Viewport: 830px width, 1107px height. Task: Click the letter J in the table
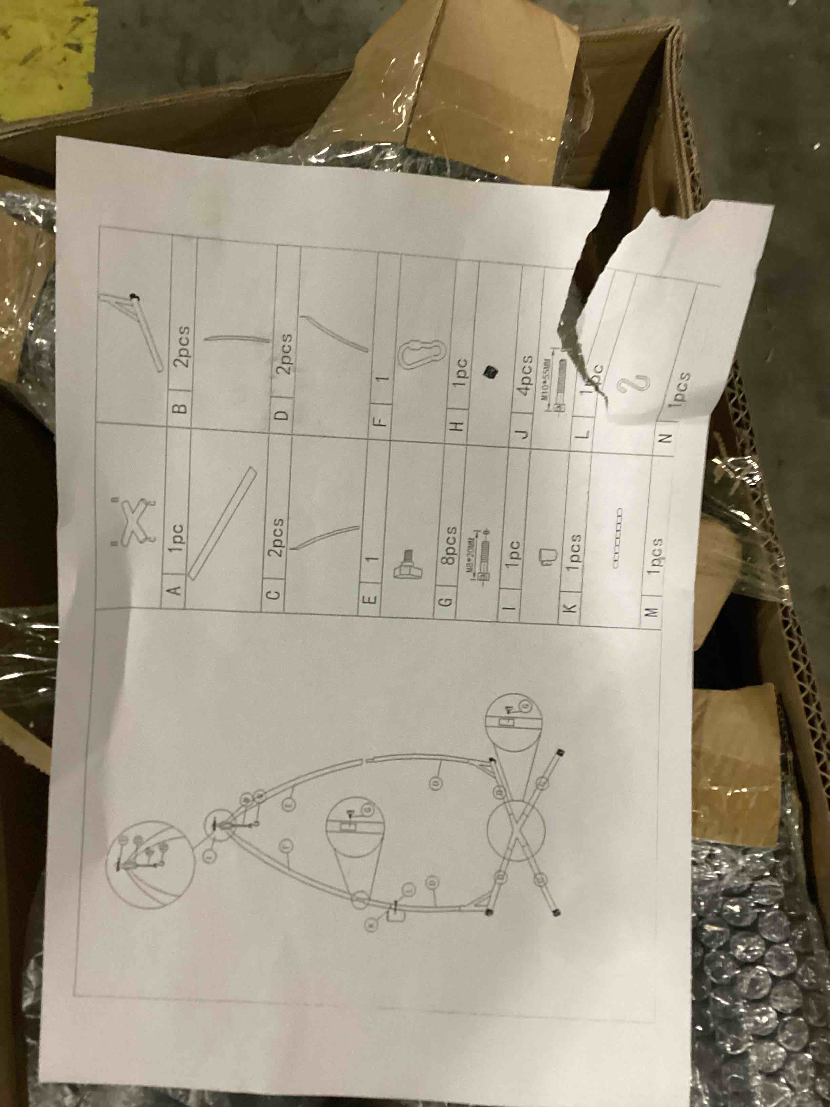click(x=522, y=434)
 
